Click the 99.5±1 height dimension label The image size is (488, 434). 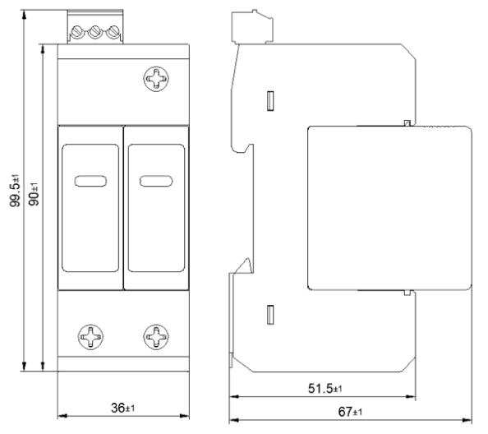(15, 191)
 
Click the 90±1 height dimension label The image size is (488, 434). (34, 194)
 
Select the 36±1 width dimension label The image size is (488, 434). (123, 408)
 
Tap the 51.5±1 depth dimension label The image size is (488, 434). (325, 388)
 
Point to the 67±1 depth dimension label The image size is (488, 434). (350, 412)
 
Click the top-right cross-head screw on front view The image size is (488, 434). (156, 79)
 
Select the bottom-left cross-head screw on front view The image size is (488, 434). (90, 337)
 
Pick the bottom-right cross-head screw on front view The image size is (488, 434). (156, 337)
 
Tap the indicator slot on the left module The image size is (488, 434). (90, 181)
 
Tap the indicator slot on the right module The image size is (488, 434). (156, 181)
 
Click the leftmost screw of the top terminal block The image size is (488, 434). (76, 32)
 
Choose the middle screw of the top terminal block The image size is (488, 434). (94, 32)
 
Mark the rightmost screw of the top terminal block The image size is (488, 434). (113, 32)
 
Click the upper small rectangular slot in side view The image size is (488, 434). (270, 101)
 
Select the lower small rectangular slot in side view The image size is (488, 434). (270, 315)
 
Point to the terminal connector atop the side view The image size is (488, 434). (252, 26)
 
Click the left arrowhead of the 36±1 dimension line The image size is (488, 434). (62, 416)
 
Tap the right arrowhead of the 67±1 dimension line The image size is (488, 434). (467, 420)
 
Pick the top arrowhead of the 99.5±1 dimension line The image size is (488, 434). (25, 15)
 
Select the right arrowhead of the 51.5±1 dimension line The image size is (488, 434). (411, 397)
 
